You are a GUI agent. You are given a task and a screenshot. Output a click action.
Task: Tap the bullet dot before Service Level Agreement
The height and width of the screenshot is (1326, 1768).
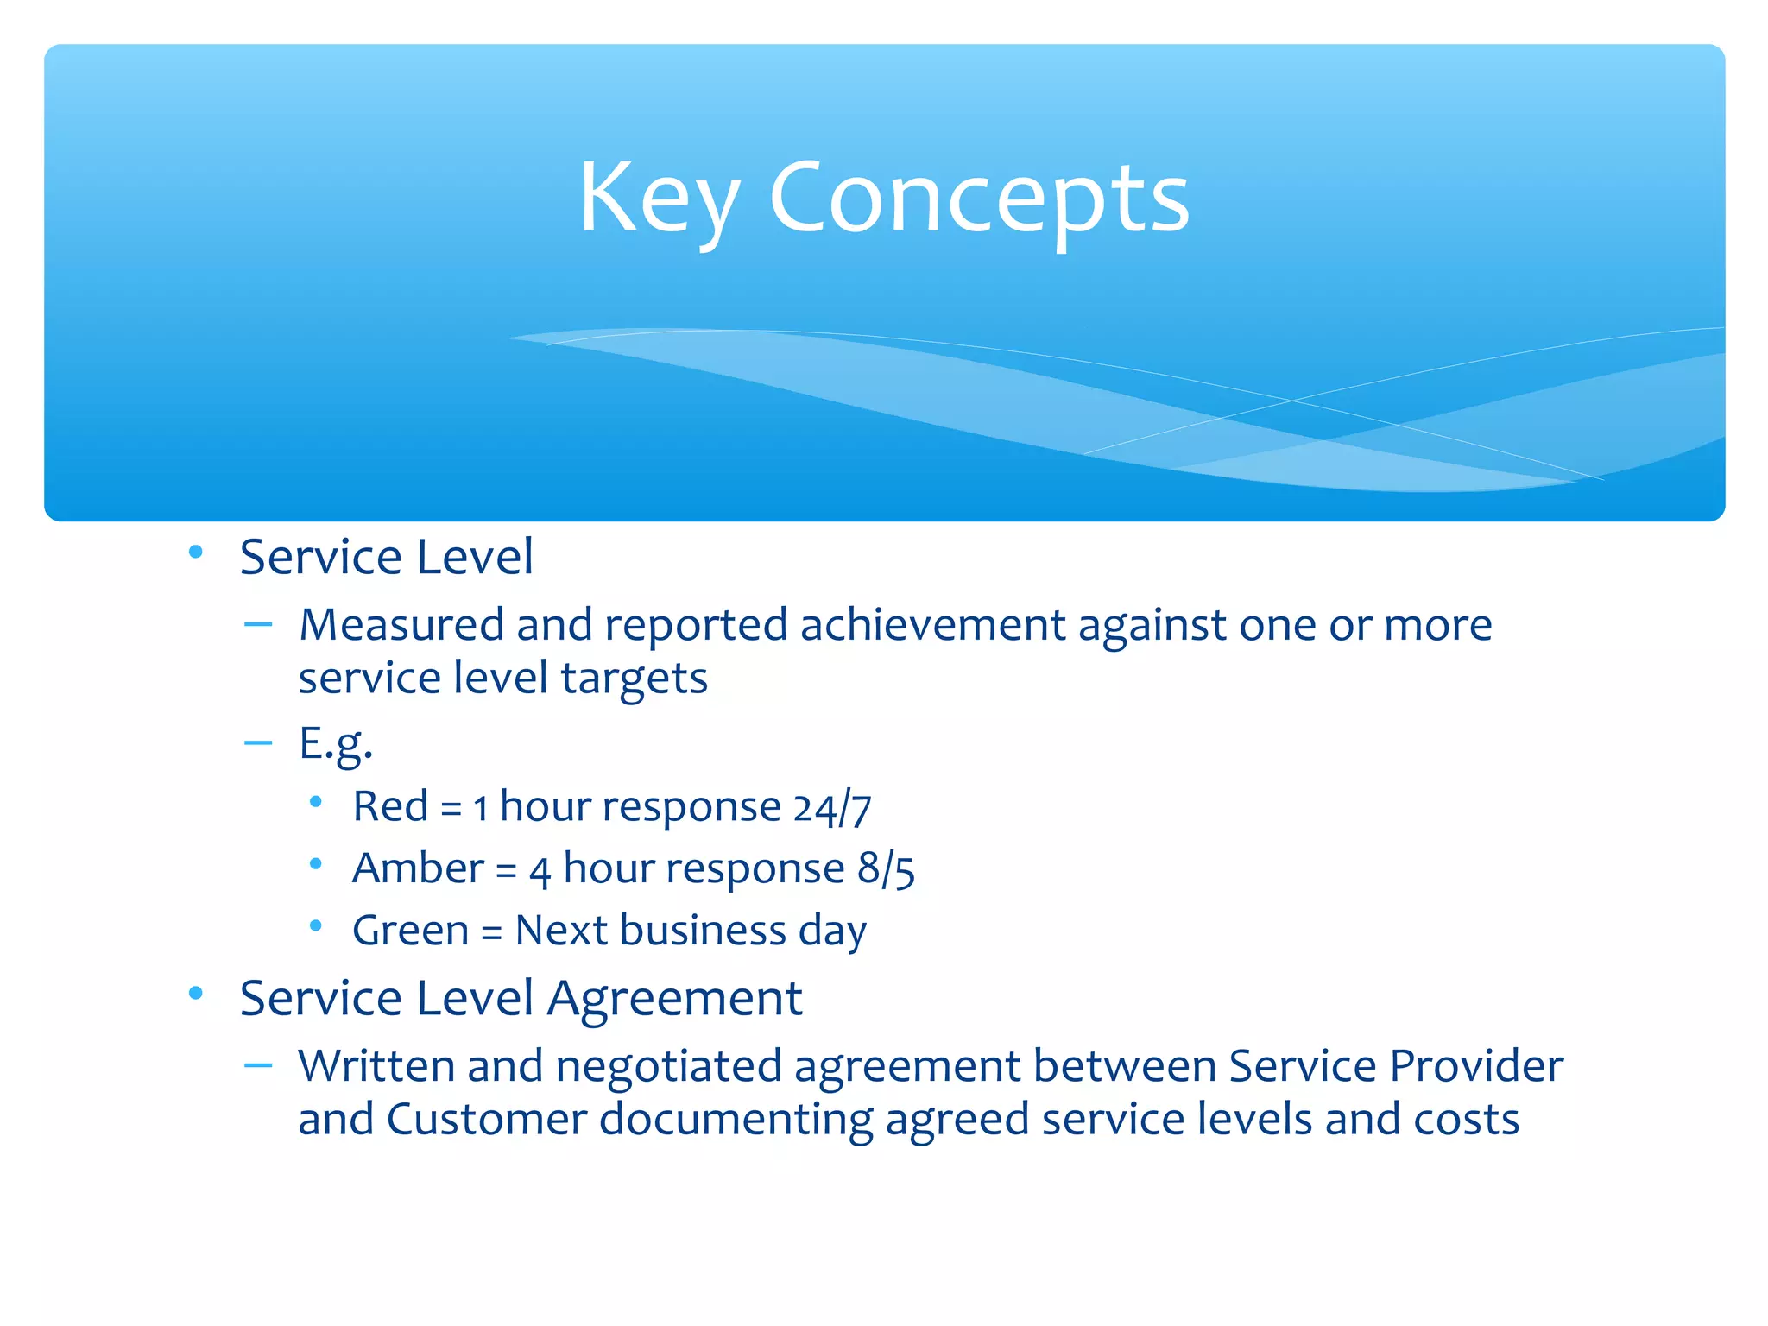click(x=196, y=994)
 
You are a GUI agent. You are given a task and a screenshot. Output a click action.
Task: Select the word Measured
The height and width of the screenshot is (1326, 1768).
click(x=401, y=625)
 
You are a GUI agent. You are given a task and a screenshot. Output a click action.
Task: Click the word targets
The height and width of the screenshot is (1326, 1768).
click(x=634, y=679)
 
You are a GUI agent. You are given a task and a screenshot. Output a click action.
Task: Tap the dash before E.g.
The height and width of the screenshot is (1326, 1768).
click(x=258, y=742)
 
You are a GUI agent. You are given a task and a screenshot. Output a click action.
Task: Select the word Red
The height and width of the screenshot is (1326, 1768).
click(x=390, y=807)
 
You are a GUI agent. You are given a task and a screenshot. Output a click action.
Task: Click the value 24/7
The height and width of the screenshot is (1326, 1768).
click(x=832, y=809)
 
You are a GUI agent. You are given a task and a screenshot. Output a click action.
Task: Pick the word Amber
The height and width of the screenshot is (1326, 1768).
click(x=418, y=868)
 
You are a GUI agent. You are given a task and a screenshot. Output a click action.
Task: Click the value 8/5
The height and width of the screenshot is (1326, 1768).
click(x=886, y=869)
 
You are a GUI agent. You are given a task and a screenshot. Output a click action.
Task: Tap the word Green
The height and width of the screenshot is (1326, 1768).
click(x=410, y=931)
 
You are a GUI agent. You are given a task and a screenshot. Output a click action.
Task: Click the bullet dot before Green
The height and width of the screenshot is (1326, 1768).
click(x=316, y=926)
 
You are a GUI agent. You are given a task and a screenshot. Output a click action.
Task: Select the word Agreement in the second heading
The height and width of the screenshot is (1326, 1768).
click(x=674, y=1000)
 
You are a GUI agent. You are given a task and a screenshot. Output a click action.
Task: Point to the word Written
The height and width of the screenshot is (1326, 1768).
click(x=376, y=1066)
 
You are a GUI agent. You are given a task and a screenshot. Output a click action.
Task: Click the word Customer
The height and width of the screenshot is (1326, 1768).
click(x=486, y=1120)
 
